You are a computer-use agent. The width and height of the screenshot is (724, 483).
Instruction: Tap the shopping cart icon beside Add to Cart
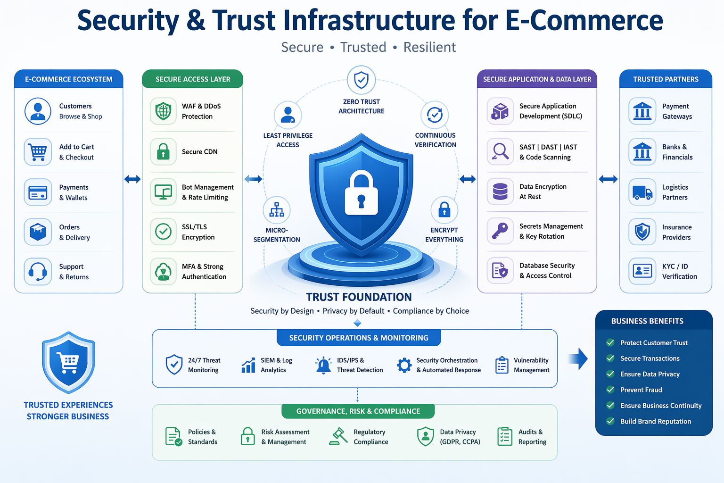38,152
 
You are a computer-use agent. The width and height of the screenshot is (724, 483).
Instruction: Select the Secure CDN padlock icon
163,151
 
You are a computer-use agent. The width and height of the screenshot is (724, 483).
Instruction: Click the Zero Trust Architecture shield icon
361,80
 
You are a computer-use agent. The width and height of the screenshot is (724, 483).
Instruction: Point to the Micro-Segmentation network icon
277,210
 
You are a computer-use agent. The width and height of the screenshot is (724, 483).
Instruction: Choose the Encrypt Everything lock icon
444,210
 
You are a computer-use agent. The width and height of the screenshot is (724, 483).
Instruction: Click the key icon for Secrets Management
500,231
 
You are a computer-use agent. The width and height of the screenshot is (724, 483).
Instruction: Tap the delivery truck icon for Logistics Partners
642,192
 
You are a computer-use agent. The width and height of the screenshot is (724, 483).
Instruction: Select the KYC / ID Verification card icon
642,271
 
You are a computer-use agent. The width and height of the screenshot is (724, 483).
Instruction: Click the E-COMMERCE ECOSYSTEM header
69,79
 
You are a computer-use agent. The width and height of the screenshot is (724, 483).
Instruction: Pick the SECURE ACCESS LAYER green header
193,79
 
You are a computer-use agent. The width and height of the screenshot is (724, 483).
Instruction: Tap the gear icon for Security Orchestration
404,365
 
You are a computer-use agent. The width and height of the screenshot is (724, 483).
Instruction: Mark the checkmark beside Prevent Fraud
610,390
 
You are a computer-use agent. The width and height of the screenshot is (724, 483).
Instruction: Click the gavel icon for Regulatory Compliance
338,436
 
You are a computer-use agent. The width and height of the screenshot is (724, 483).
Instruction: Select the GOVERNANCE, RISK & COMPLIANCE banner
358,411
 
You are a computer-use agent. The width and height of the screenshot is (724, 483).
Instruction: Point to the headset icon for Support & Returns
38,272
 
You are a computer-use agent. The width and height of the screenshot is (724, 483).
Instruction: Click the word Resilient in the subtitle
429,47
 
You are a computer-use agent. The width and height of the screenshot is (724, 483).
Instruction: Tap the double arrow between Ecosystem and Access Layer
132,179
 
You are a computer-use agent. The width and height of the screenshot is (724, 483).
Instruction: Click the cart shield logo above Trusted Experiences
69,362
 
